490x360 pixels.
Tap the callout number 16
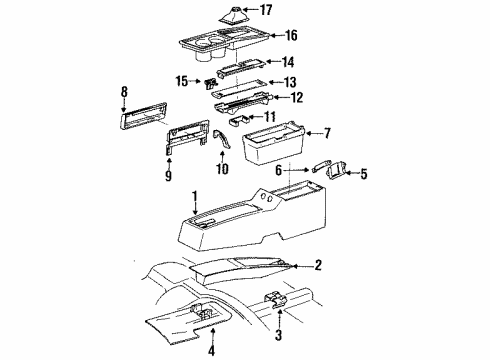point(292,35)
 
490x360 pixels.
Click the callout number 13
point(289,81)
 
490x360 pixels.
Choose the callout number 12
point(295,98)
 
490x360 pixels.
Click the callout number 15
point(182,80)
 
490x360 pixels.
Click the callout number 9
point(168,178)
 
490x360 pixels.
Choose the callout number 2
point(317,266)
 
